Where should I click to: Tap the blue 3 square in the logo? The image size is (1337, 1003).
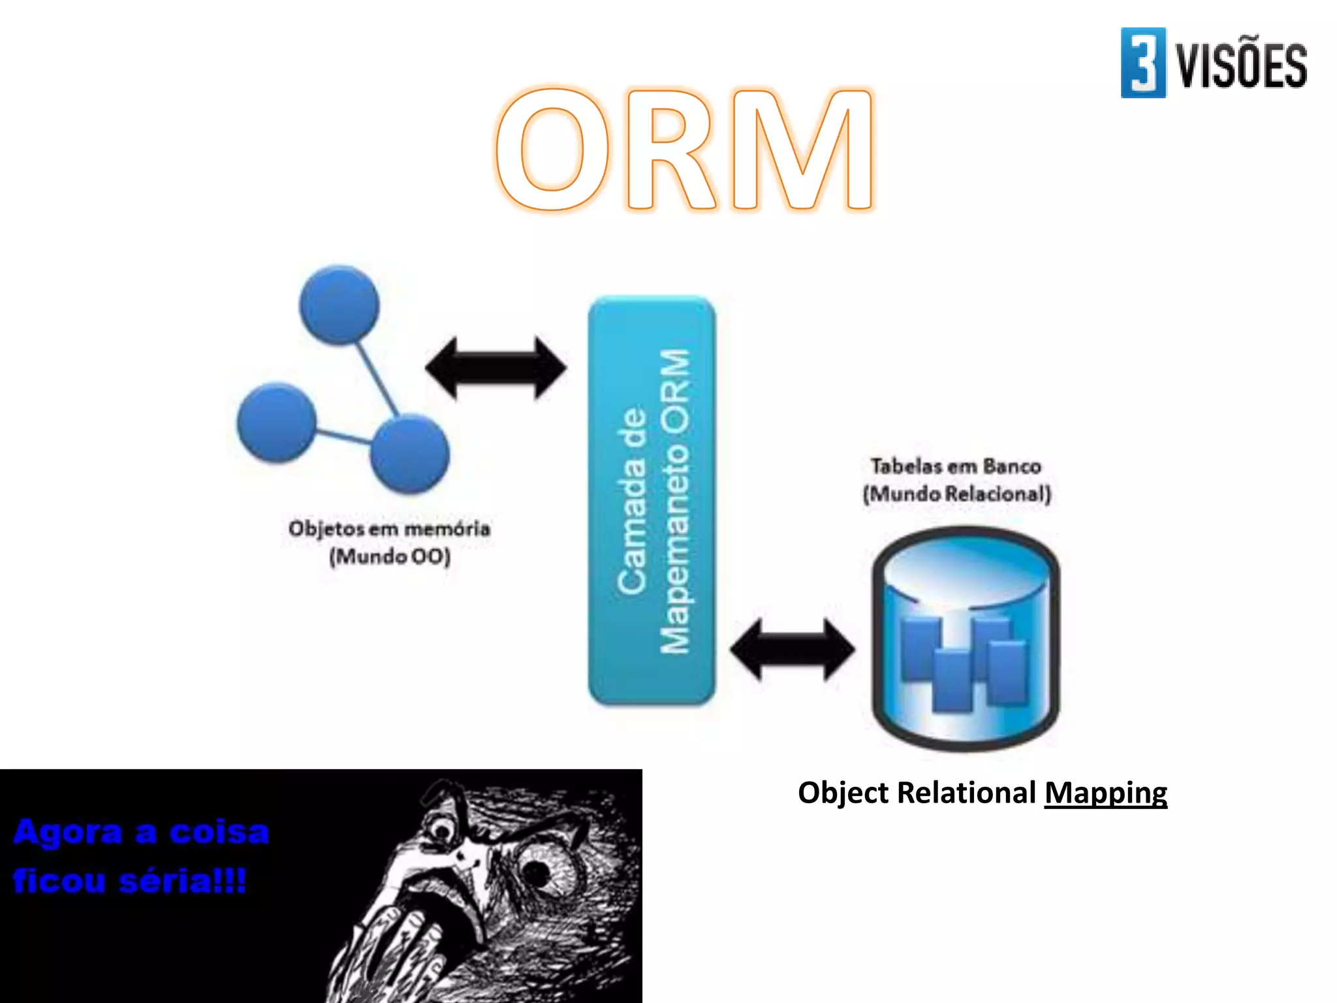(1142, 63)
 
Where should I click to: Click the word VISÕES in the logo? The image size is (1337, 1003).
(1241, 65)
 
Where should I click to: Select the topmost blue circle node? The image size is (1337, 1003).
(339, 304)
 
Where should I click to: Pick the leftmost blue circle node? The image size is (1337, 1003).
(277, 422)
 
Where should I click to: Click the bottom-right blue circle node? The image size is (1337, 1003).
(410, 453)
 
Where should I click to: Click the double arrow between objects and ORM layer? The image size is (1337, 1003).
(496, 368)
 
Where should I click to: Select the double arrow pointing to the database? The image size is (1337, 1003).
(792, 650)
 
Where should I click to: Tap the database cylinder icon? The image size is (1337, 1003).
(966, 640)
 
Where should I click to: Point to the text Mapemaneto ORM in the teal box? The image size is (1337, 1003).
(675, 501)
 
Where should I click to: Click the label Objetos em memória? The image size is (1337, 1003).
(389, 528)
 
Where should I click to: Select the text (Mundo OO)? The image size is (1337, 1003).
(390, 557)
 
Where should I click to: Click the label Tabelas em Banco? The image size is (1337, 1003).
(956, 466)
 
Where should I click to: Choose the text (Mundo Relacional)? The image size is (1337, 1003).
(957, 494)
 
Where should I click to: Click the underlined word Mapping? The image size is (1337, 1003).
(1105, 793)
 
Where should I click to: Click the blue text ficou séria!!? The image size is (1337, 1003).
(129, 881)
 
